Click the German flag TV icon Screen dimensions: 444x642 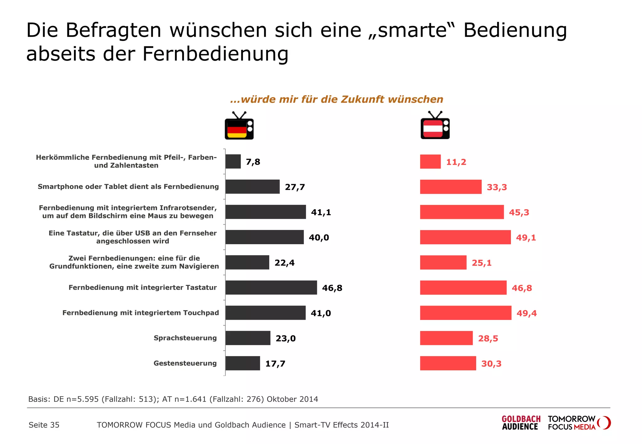[x=239, y=126]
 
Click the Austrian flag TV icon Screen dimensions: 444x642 [x=435, y=126]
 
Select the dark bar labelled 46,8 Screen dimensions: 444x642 [x=271, y=287]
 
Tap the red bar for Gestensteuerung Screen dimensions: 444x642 [x=448, y=363]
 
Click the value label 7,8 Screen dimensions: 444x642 [x=253, y=162]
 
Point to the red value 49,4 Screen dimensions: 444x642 [x=526, y=313]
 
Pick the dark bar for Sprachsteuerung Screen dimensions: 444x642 [x=248, y=338]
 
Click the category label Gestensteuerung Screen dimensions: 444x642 [x=185, y=363]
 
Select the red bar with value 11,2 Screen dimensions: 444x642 [x=430, y=162]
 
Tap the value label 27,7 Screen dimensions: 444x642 [x=295, y=187]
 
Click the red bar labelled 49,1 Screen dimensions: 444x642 [x=465, y=237]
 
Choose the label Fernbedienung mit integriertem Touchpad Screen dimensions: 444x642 [x=140, y=313]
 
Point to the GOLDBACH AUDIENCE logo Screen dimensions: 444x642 [x=521, y=423]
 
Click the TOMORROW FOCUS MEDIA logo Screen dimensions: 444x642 [x=578, y=423]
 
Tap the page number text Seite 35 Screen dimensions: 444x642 [x=44, y=425]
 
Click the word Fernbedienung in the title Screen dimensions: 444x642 [x=215, y=54]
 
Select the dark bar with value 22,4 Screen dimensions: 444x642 [x=247, y=262]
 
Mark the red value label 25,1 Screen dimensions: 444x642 [x=481, y=263]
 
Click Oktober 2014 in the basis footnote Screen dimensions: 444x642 [x=292, y=399]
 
